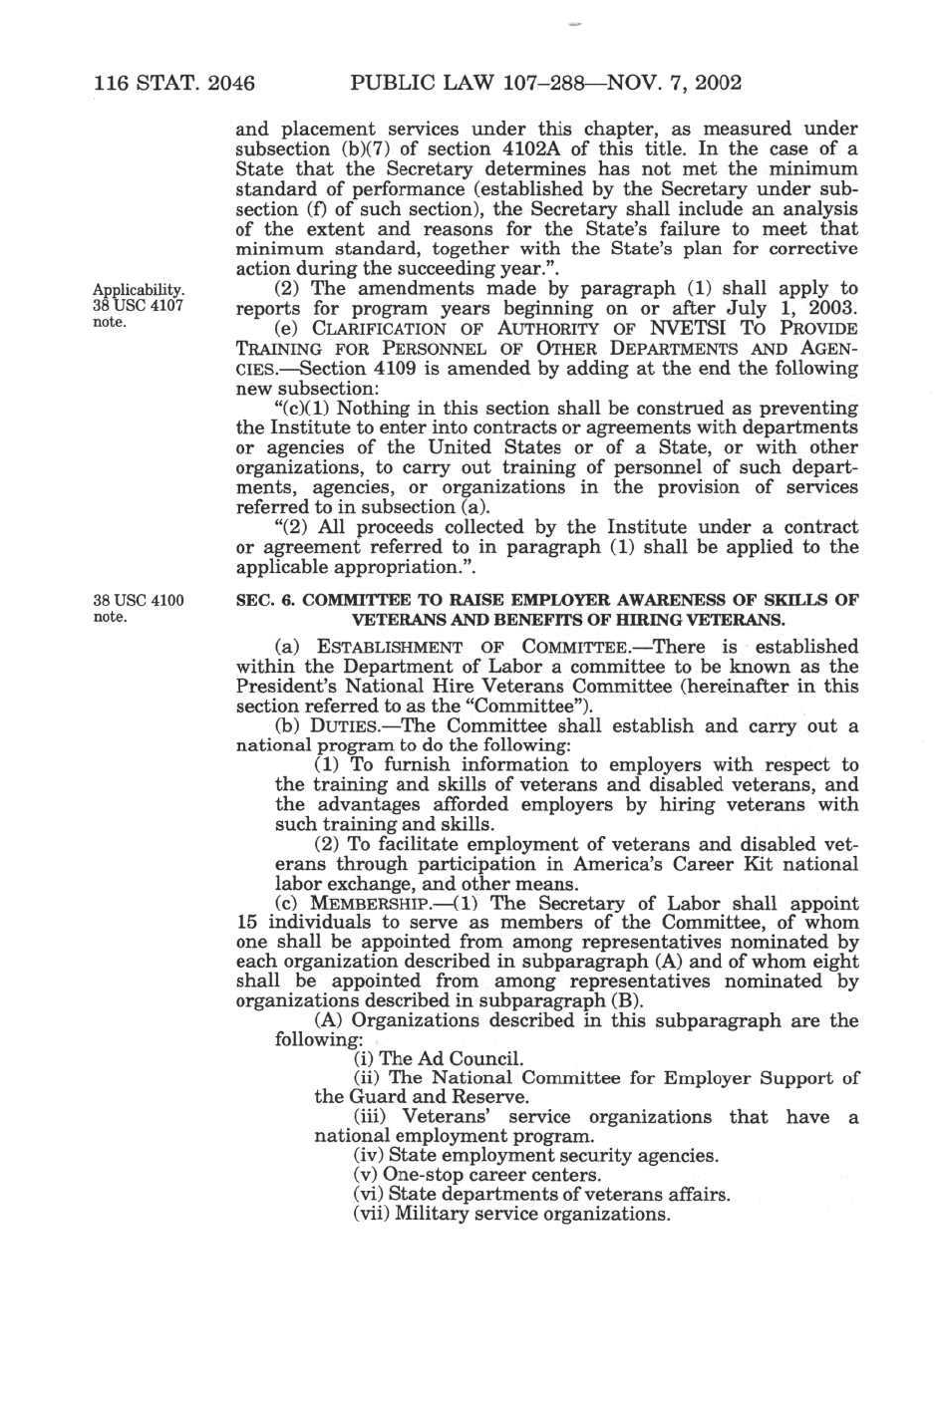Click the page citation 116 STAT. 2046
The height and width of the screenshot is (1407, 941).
pyautogui.click(x=174, y=83)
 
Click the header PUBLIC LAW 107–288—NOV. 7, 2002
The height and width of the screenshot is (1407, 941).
pyautogui.click(x=546, y=83)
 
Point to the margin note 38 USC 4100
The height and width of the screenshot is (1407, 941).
pyautogui.click(x=139, y=601)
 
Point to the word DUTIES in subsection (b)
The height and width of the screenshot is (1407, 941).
pyautogui.click(x=345, y=725)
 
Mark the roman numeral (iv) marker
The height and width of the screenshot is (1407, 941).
pyautogui.click(x=369, y=1156)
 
